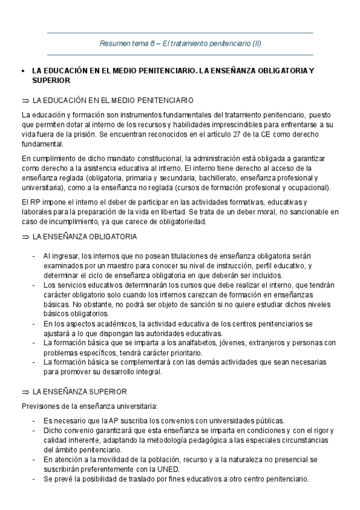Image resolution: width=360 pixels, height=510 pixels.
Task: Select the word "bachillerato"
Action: (219, 178)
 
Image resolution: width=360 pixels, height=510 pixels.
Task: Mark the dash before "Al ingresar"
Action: (34, 256)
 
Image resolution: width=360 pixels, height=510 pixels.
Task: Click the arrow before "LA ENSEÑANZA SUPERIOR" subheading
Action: (25, 391)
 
